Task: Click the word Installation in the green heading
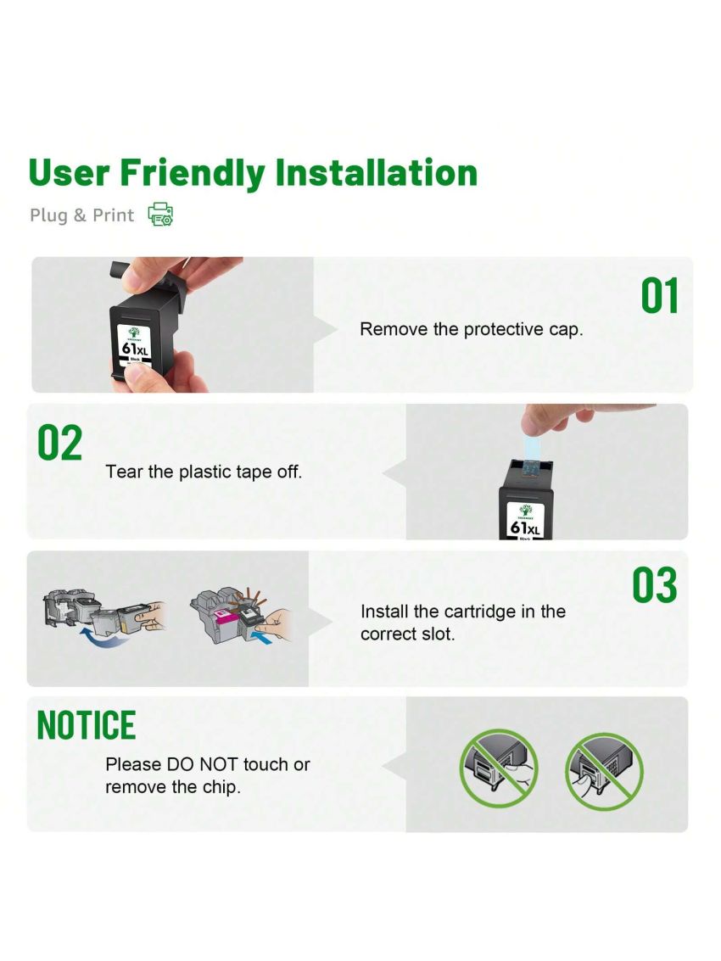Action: (x=377, y=172)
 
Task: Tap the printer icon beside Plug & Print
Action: (x=160, y=215)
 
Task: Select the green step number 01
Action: (x=660, y=296)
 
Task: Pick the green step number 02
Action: (x=59, y=443)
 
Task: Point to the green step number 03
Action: (x=655, y=585)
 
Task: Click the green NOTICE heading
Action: (x=86, y=725)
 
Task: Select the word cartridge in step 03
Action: (x=479, y=612)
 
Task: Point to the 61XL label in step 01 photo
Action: (x=135, y=349)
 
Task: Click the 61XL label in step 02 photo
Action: (x=525, y=528)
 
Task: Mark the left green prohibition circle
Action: (x=499, y=768)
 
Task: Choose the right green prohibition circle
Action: (x=604, y=771)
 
